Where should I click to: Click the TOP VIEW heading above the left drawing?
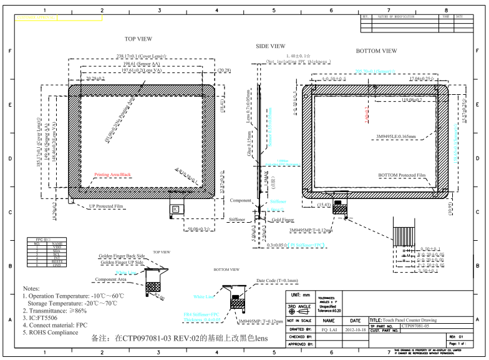pos(138,39)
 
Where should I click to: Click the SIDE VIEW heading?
pos(271,46)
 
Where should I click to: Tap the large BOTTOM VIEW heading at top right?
pos(376,51)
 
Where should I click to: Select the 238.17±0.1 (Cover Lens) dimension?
pos(142,56)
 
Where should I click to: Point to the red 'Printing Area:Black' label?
pos(112,175)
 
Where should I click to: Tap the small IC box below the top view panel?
pos(175,208)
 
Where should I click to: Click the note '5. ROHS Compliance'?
pos(51,333)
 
